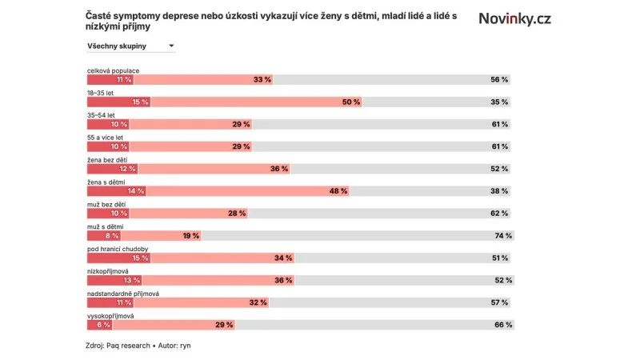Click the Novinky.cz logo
tap(514, 18)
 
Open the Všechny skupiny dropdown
tap(130, 46)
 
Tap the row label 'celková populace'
tap(113, 70)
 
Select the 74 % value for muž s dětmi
tap(502, 236)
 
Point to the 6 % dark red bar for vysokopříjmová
tap(102, 325)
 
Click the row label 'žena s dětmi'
tap(107, 182)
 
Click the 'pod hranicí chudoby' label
tap(118, 249)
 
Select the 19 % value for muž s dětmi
tap(190, 236)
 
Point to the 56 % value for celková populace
tap(499, 80)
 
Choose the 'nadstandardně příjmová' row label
tap(123, 294)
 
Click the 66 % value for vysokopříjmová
tap(502, 325)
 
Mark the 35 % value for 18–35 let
tap(499, 102)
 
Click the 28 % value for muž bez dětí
tap(237, 214)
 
